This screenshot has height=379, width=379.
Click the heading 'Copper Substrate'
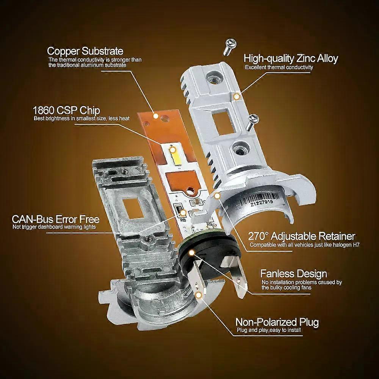click(85, 51)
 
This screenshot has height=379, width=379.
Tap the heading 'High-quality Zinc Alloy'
click(291, 58)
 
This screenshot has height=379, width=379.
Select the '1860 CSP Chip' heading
click(67, 111)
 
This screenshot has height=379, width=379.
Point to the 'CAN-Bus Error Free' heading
click(56, 219)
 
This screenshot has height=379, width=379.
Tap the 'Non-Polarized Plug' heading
click(277, 323)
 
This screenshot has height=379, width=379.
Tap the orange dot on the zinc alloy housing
click(236, 97)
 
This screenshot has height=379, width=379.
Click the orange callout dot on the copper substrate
click(155, 114)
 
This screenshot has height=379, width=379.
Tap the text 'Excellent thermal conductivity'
click(279, 67)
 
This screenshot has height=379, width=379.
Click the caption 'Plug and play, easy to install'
click(269, 331)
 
